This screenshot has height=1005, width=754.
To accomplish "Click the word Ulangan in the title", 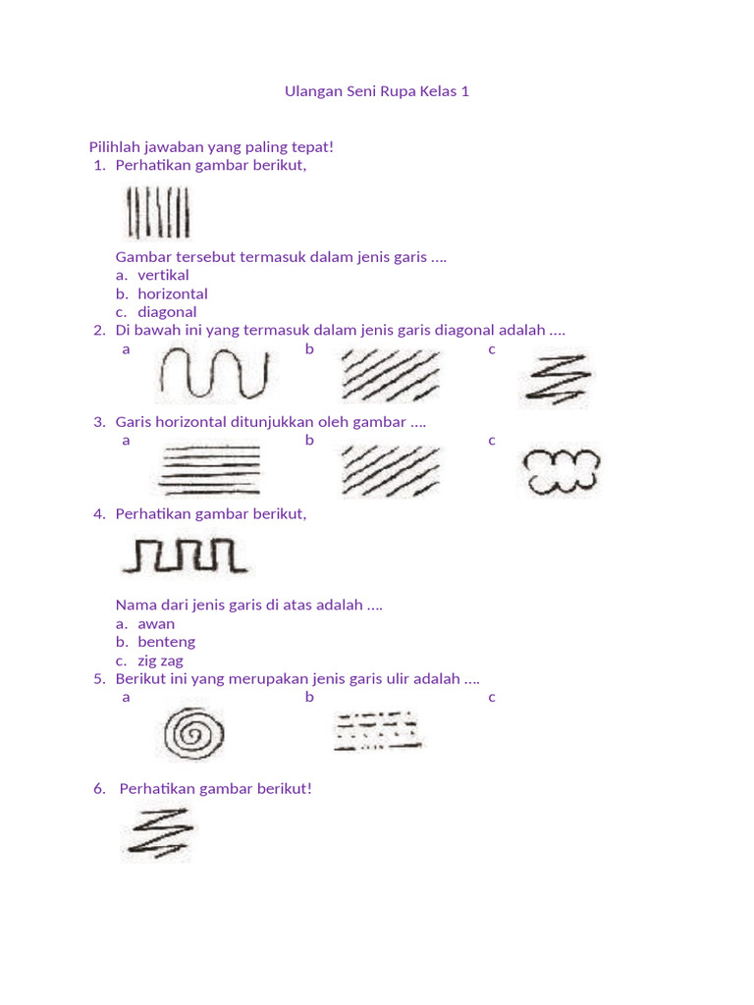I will tap(312, 91).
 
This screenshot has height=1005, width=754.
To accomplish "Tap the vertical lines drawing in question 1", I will tap(158, 213).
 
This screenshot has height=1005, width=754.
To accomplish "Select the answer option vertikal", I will tap(163, 275).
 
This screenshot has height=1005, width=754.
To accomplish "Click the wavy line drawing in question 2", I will tap(212, 375).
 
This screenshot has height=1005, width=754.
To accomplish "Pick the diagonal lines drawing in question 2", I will tap(390, 376).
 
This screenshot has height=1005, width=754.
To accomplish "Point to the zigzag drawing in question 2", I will tap(557, 378).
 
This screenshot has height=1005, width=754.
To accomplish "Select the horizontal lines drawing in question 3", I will tap(210, 469).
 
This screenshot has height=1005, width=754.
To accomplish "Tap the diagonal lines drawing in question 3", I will tap(390, 470).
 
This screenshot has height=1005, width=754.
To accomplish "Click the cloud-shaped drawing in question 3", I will tap(561, 471).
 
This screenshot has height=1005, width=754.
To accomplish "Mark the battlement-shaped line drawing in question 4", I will tap(184, 555).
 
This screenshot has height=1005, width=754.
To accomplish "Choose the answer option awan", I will tap(156, 623).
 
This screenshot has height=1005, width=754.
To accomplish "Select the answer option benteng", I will tap(166, 642).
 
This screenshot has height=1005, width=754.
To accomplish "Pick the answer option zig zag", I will tap(160, 661).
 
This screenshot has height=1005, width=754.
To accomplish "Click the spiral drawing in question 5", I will tap(193, 733).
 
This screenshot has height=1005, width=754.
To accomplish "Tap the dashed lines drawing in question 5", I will tap(378, 731).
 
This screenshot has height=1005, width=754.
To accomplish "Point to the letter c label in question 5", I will tap(492, 697).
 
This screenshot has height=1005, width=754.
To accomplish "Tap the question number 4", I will tap(99, 513).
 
